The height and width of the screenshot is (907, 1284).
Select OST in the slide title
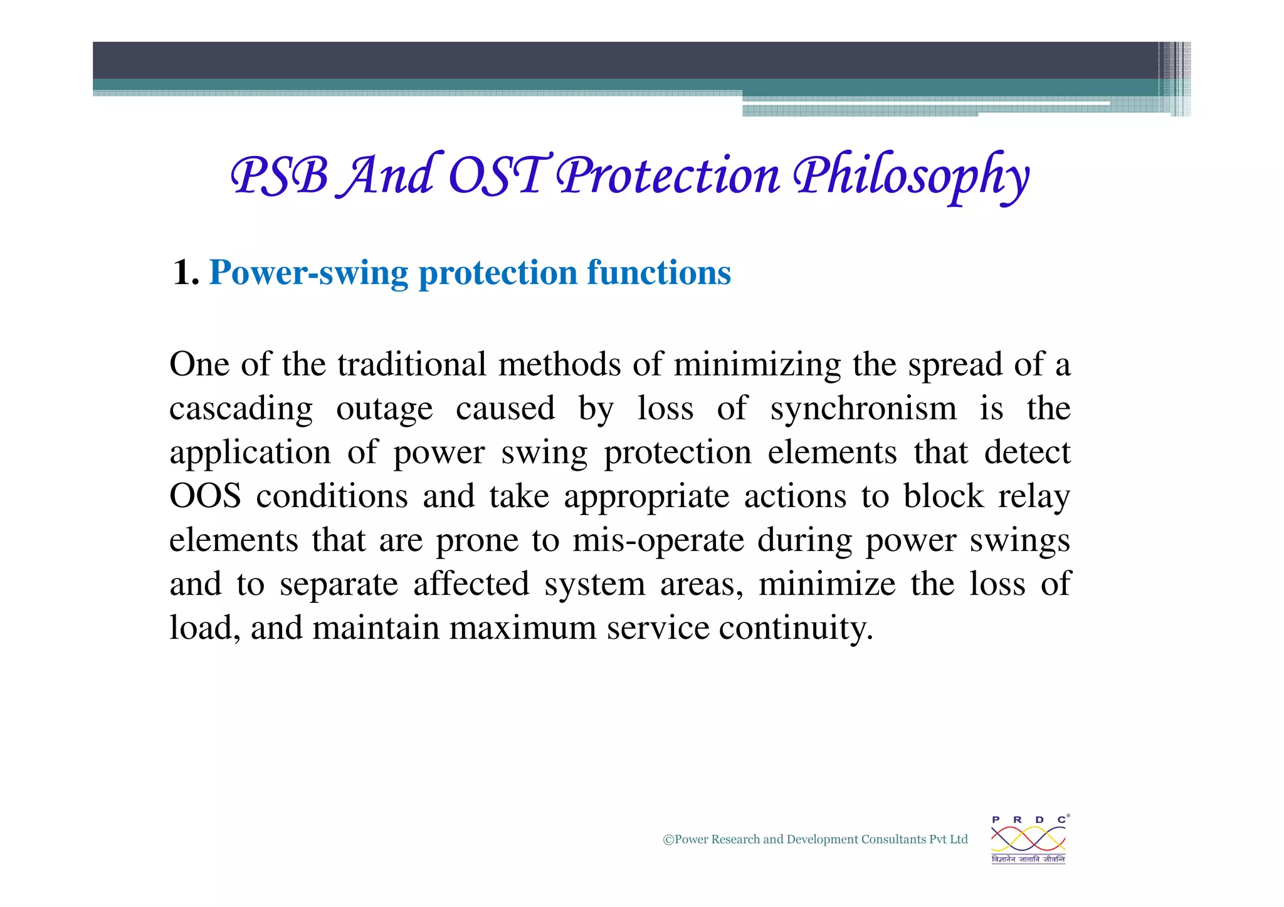tap(497, 176)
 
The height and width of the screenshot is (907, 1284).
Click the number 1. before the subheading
tap(186, 273)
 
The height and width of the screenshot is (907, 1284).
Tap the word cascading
tap(241, 409)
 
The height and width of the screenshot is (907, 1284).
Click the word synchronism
tap(863, 409)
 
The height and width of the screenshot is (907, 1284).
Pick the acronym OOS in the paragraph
tap(205, 497)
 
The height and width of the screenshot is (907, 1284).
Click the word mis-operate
tap(658, 541)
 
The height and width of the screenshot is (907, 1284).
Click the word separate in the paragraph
tap(339, 585)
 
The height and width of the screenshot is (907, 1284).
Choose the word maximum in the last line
tap(523, 629)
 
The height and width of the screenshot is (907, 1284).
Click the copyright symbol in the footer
tap(668, 840)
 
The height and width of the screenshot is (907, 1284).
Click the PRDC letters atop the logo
tap(1028, 820)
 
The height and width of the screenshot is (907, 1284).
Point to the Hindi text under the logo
tap(1028, 859)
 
